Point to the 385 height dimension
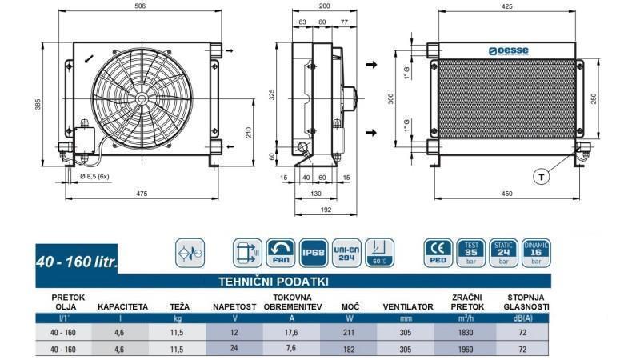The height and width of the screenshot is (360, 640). [x=38, y=104]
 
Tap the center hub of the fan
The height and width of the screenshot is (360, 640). [x=141, y=98]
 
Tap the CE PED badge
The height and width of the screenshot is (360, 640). [x=438, y=253]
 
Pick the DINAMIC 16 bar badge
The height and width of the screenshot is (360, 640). [x=536, y=253]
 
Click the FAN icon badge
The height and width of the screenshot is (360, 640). [x=279, y=253]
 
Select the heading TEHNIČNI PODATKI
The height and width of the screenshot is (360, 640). [x=274, y=281]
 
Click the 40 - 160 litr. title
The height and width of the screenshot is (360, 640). [x=77, y=262]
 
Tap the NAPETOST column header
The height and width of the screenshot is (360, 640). [x=234, y=306]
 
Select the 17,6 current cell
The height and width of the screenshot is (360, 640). [x=292, y=332]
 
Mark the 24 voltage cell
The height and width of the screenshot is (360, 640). [x=234, y=349]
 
